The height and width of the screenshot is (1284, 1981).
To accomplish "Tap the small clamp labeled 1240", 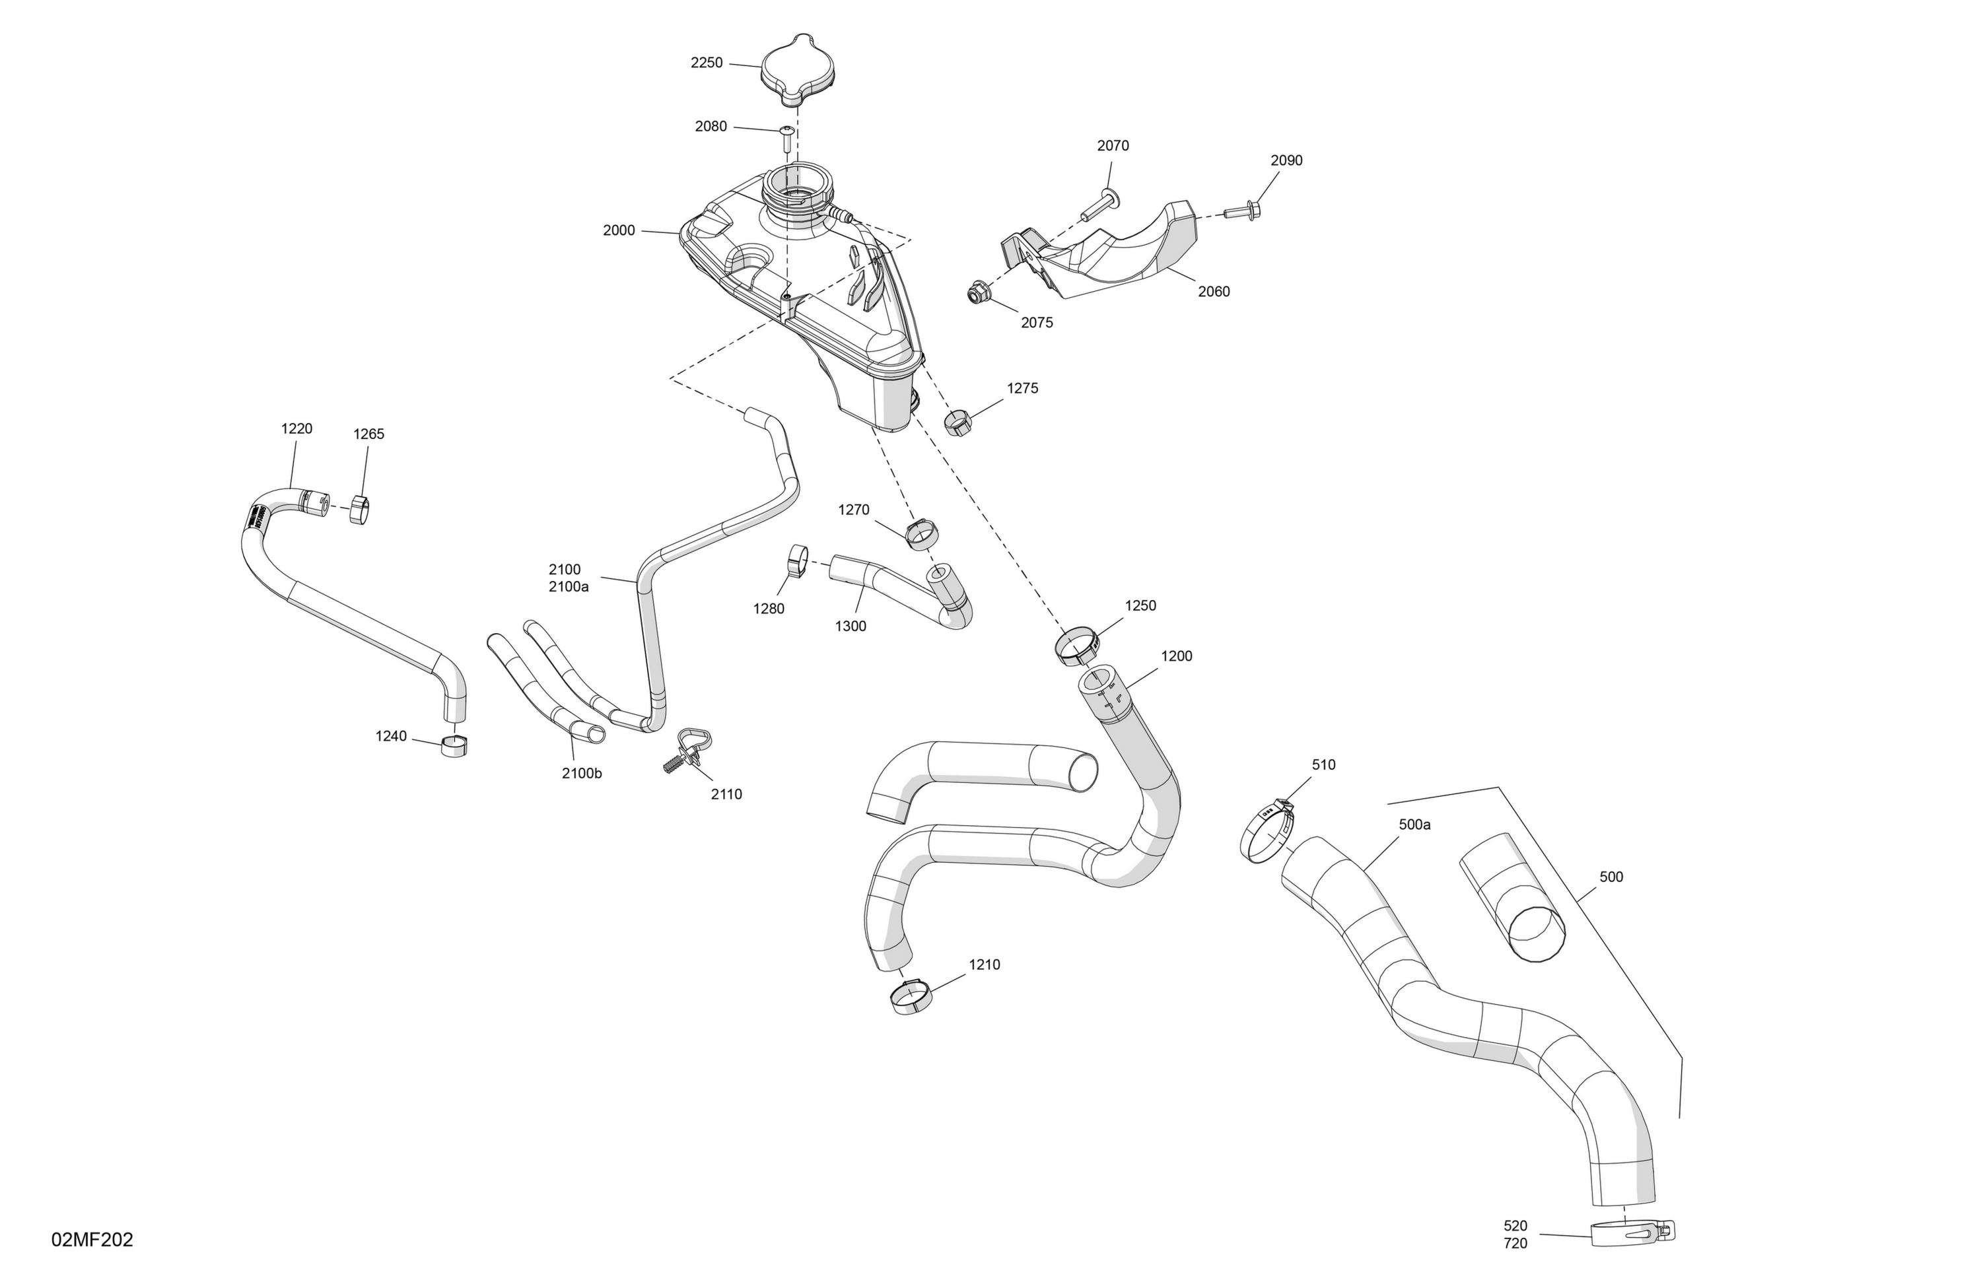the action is tap(454, 745).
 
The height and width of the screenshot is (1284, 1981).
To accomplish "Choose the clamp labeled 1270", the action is tap(921, 533).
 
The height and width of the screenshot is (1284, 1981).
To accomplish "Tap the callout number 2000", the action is tap(619, 230).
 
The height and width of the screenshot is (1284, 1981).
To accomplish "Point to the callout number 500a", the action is tap(1414, 825).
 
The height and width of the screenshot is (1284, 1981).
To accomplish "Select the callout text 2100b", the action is tap(582, 773).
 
